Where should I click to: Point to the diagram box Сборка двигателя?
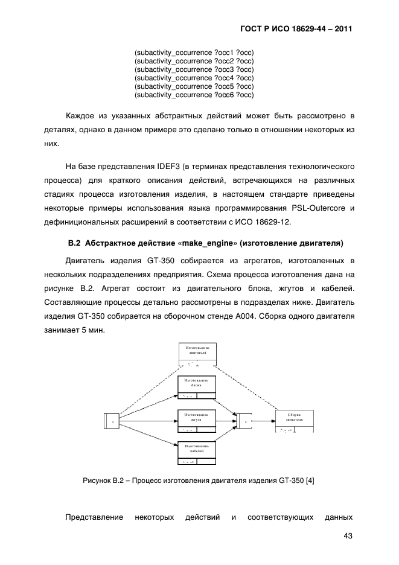click(295, 421)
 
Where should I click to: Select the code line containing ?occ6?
click(194, 95)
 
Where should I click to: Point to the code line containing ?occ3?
click(194, 70)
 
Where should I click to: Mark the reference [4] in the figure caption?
click(309, 480)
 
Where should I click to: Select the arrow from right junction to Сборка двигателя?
click(265, 418)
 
